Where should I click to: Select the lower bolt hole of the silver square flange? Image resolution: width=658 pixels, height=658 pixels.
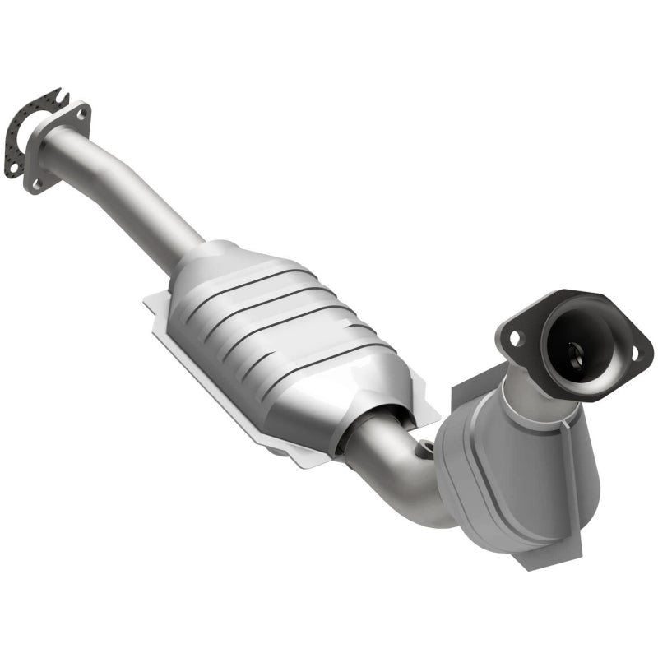(36, 183)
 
